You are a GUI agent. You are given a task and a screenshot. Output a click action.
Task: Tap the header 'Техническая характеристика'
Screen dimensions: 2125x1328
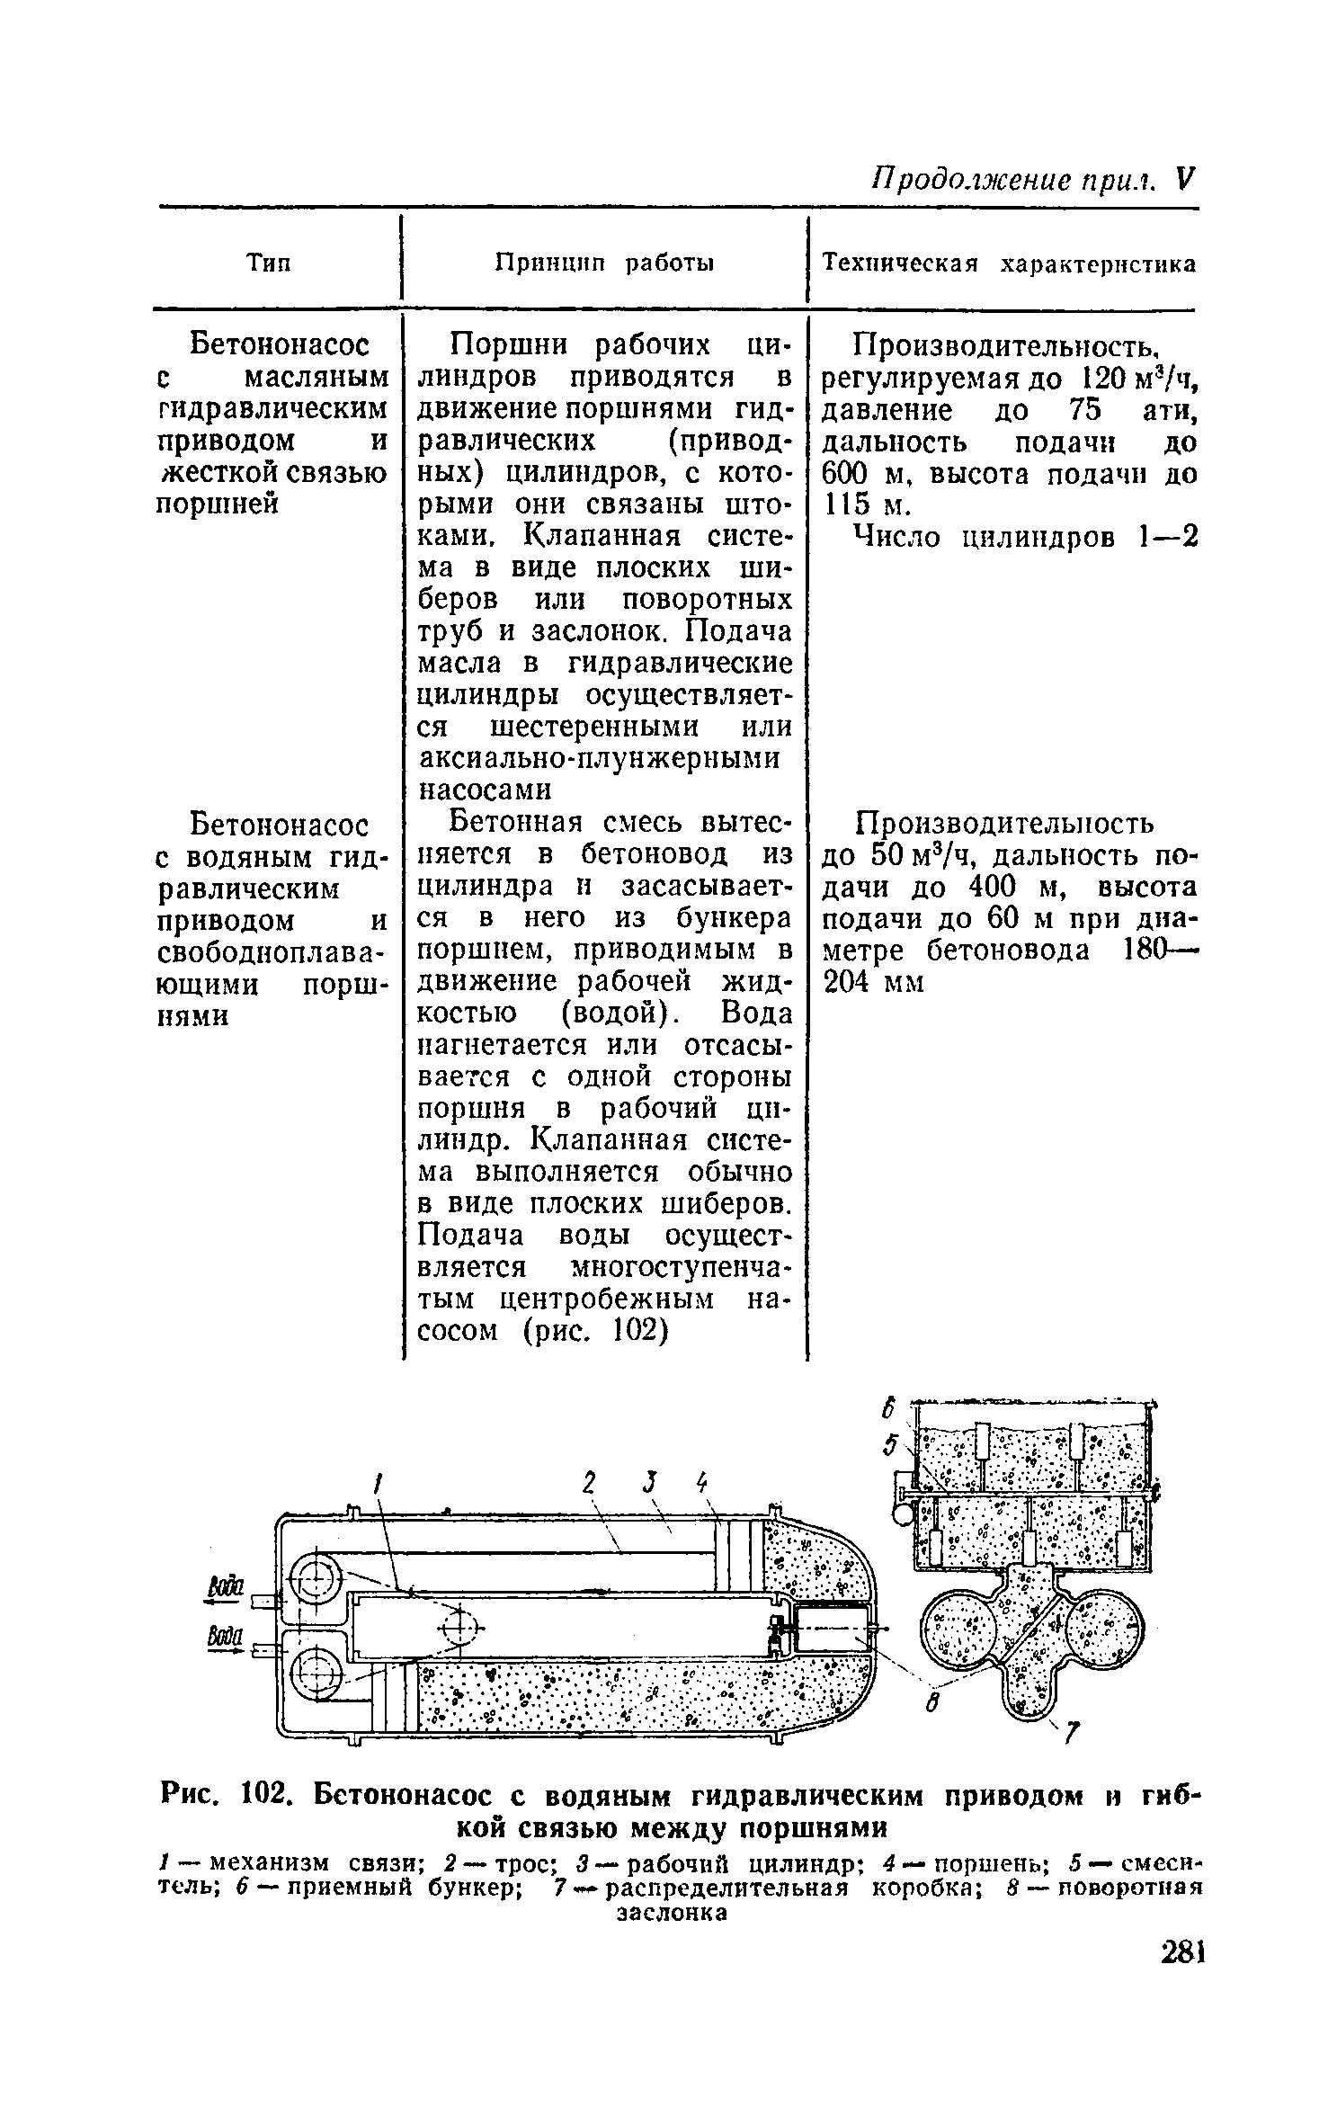click(x=1010, y=263)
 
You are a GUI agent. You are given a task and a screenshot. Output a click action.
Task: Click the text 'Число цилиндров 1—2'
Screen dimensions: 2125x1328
click(x=1025, y=538)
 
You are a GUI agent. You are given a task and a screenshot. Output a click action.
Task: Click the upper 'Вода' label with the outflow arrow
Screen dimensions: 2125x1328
click(x=220, y=1589)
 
